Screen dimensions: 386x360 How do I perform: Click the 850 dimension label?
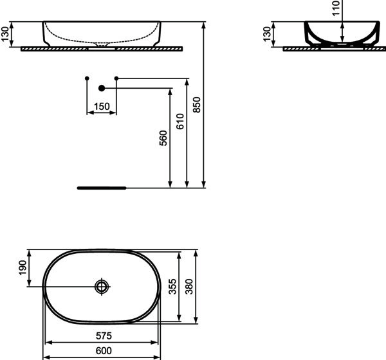[x=197, y=105]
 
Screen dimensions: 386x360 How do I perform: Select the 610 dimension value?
[x=180, y=122]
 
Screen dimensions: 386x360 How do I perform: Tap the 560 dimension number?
[x=163, y=138]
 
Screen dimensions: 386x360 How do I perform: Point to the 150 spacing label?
[x=102, y=107]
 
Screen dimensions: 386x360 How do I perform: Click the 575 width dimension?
[x=104, y=336]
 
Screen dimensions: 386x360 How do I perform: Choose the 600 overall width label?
[x=104, y=350]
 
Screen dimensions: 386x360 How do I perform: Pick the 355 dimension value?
[x=172, y=287]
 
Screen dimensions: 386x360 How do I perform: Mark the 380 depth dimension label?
[x=189, y=287]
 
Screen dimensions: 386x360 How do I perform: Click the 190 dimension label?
[x=22, y=268]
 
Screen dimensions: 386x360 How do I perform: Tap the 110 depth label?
[x=336, y=8]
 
